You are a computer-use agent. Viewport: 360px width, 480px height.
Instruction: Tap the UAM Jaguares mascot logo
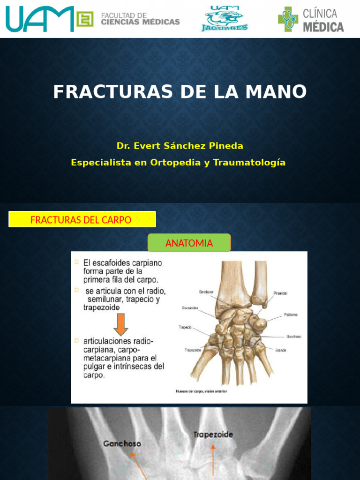225,19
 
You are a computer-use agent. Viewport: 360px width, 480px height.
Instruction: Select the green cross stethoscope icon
287,19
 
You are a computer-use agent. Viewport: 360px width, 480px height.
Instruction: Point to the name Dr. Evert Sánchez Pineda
180,146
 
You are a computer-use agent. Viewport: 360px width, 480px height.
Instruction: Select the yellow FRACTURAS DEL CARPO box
82,219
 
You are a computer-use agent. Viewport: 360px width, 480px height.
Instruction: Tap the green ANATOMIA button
189,243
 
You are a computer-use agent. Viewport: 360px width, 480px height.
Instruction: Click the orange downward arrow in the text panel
120,324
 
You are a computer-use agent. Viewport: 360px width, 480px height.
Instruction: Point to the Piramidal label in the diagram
280,293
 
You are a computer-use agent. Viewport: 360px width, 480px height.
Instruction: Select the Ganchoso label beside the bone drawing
294,336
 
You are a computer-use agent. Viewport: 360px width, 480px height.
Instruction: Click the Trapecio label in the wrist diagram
186,328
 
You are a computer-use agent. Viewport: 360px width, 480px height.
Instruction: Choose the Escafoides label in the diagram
190,308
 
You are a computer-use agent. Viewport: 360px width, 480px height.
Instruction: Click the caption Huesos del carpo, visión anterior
201,391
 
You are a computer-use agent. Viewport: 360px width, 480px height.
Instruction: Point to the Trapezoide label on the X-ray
213,435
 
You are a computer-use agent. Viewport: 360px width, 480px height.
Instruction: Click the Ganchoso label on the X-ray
123,443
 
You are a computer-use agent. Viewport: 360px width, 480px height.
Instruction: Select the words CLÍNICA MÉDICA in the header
323,20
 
